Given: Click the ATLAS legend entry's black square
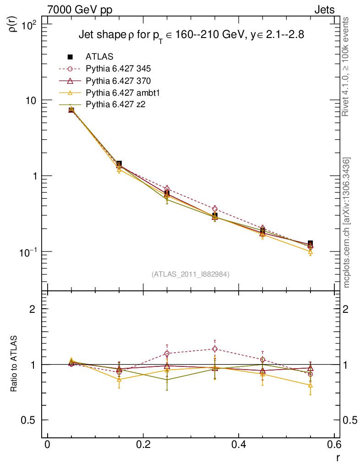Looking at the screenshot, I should point(70,57).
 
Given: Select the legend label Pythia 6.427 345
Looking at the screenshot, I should point(118,69).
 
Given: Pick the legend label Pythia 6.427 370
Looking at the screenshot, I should point(118,81).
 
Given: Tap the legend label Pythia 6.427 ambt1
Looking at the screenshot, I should point(122,93).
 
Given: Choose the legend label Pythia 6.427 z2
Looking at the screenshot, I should point(115,105).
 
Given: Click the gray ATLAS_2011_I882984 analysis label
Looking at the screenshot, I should point(191,274).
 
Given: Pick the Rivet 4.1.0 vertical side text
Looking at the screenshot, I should point(347,67).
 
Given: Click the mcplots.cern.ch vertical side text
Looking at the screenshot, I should point(347,223).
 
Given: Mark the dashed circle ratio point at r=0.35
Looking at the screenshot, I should point(215,349).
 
